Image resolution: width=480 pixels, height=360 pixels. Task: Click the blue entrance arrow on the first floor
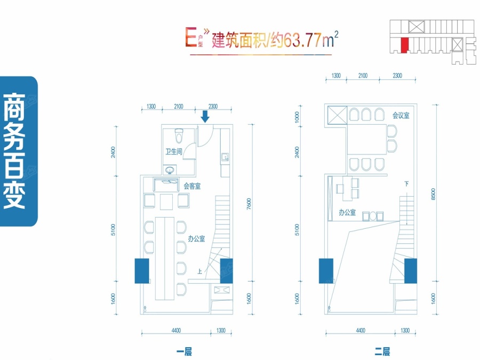(205, 116)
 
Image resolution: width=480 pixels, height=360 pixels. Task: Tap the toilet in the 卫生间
(179, 135)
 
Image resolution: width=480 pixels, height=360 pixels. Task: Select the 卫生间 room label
(173, 151)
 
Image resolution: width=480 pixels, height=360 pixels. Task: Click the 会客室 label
(192, 186)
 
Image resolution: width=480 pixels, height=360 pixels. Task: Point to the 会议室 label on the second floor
(401, 115)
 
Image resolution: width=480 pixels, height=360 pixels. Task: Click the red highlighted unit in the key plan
(404, 45)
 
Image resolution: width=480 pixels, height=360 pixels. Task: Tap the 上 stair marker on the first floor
(199, 271)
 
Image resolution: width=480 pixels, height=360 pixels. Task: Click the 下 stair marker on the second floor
(406, 183)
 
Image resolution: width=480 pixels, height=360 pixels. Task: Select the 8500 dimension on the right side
(433, 194)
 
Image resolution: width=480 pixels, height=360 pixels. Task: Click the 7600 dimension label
(249, 204)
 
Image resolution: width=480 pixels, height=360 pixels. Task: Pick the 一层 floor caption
(184, 352)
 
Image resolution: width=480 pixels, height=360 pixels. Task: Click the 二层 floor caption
(382, 352)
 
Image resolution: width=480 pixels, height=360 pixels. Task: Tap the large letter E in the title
(191, 37)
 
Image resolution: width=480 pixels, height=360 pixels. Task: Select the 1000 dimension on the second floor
(297, 117)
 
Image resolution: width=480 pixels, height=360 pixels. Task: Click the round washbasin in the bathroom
(170, 170)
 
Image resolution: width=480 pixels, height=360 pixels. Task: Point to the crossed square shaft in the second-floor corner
(338, 115)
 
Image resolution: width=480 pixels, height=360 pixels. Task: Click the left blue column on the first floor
(142, 271)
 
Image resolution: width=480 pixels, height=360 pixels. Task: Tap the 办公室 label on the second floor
(347, 212)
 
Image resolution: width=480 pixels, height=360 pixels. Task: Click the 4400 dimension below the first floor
(176, 330)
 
